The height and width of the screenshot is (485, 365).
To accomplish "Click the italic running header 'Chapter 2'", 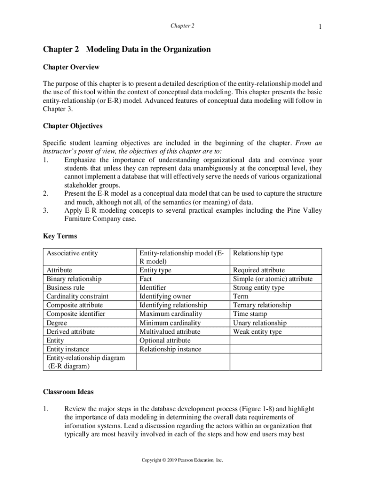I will point(182,26).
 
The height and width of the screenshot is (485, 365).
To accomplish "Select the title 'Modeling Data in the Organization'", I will point(148,49).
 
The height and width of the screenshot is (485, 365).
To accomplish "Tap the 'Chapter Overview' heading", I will point(71,67).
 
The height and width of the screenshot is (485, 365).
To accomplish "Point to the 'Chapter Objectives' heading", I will point(73,126).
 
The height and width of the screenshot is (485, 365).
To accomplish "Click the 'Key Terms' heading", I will point(60,236).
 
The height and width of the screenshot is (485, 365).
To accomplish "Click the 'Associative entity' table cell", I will point(72,253).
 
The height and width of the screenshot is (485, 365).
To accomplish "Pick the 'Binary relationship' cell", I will point(74,279).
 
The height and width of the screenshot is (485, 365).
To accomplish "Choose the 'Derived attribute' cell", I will point(71,332).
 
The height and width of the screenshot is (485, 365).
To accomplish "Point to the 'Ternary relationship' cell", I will point(262,305).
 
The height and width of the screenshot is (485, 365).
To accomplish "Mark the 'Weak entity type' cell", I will point(257,332).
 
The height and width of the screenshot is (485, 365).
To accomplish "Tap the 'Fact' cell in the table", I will point(146,279).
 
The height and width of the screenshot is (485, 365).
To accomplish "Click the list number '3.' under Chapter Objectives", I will point(46,211).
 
